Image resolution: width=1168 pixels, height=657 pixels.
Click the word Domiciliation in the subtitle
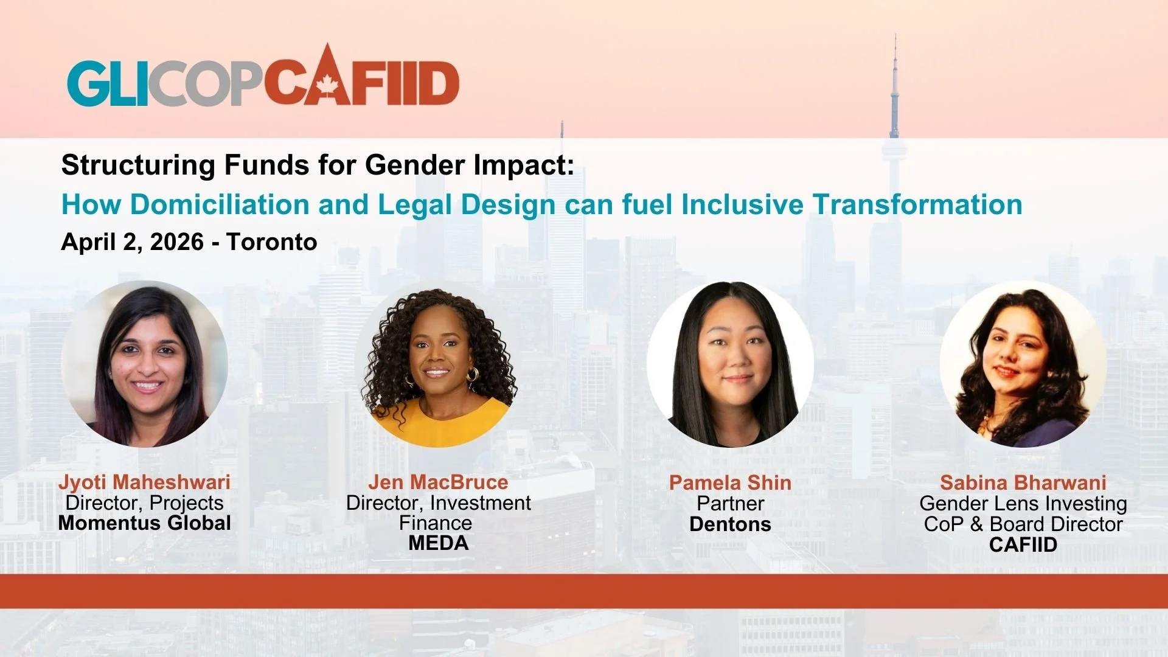click(x=220, y=204)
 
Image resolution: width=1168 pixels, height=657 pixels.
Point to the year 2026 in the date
click(x=177, y=242)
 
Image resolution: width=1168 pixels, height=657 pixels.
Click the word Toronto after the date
click(x=272, y=242)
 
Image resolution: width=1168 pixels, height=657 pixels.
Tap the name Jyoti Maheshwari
click(x=145, y=482)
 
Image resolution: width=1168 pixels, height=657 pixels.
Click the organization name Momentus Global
click(x=145, y=523)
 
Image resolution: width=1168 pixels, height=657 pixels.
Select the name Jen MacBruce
click(x=438, y=482)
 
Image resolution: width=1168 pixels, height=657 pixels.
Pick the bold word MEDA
click(x=438, y=543)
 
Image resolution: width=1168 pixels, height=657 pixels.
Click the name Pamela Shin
click(x=730, y=483)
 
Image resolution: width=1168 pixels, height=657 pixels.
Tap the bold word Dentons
click(x=730, y=524)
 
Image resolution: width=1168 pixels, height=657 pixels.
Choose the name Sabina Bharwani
click(x=1023, y=483)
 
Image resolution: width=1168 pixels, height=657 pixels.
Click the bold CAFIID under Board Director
click(x=1023, y=545)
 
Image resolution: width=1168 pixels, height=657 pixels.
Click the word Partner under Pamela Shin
click(x=730, y=504)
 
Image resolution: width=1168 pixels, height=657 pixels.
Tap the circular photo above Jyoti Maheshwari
click(x=145, y=364)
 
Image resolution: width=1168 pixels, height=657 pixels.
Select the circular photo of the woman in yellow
click(x=438, y=367)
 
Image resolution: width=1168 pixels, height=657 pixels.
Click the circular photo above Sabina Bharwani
click(x=1023, y=364)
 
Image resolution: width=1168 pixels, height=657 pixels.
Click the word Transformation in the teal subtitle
click(x=918, y=204)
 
